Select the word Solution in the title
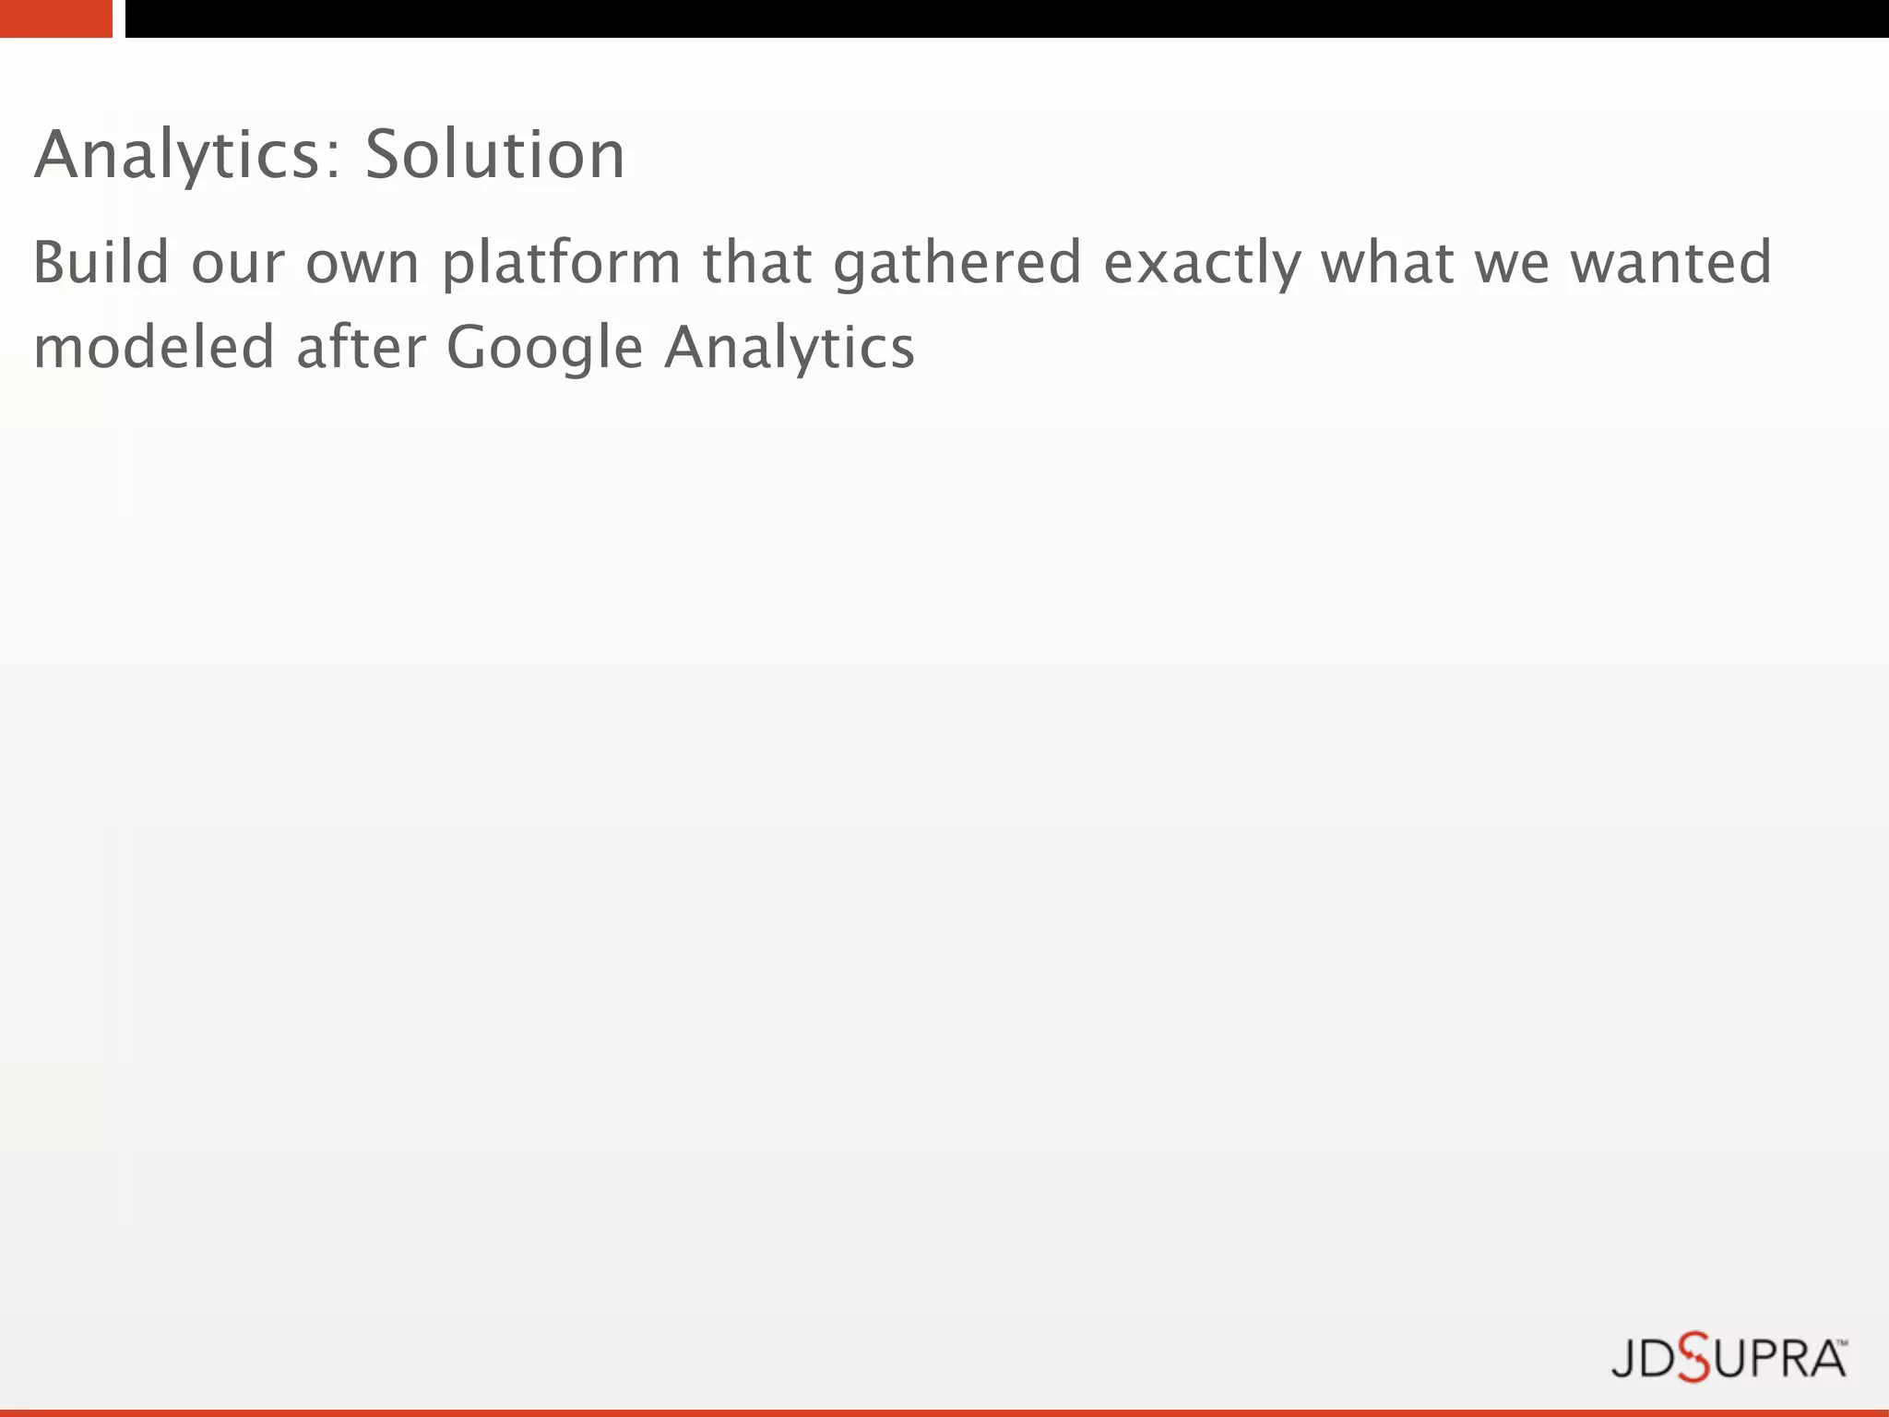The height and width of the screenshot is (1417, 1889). coord(495,155)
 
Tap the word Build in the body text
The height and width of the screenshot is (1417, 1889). coord(101,262)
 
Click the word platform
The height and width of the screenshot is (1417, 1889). coord(561,264)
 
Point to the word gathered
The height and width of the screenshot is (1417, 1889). coord(957,264)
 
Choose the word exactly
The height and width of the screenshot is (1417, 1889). coord(1202,264)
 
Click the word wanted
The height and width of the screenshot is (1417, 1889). coord(1670,262)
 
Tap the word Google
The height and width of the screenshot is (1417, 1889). coord(544,349)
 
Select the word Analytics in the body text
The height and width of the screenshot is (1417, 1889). coord(790,349)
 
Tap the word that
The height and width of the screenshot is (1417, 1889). coord(757,262)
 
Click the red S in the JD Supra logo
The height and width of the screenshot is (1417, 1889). coord(1693,1357)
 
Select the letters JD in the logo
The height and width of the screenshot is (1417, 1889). coord(1644,1359)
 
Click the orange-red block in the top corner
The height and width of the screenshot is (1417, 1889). coord(55,18)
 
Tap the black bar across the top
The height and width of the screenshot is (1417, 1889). coord(1005,18)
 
